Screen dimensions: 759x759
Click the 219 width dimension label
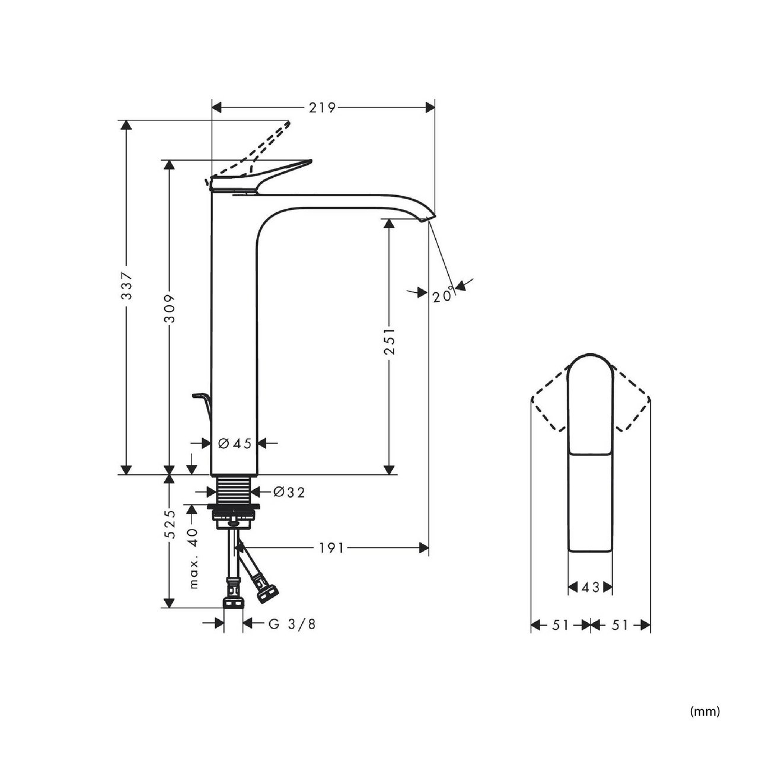coord(322,107)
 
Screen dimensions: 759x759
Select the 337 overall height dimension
coord(127,286)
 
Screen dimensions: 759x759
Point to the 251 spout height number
coord(389,340)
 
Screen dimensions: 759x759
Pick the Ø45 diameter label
coord(235,444)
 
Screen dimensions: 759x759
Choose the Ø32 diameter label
coord(289,492)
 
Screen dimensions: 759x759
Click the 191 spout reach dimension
coord(331,548)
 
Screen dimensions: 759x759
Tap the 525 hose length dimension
coord(170,524)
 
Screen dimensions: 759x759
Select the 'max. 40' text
coord(193,559)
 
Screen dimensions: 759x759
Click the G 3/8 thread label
coord(292,624)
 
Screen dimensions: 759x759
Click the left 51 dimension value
coord(560,624)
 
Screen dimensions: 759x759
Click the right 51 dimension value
coord(620,624)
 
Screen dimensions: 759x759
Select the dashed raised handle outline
coord(248,152)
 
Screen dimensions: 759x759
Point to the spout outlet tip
coord(432,218)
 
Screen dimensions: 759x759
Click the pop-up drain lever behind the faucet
coord(202,413)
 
